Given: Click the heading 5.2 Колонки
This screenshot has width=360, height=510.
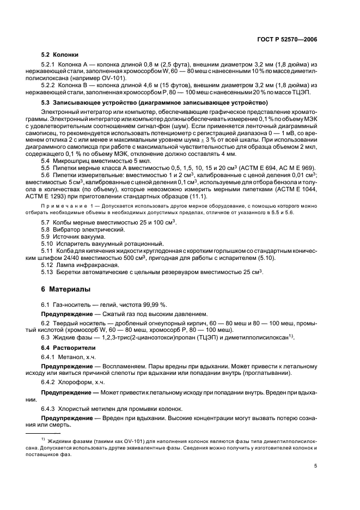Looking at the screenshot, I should tap(60, 54).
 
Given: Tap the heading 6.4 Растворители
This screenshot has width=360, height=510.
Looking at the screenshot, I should tap(68, 347).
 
